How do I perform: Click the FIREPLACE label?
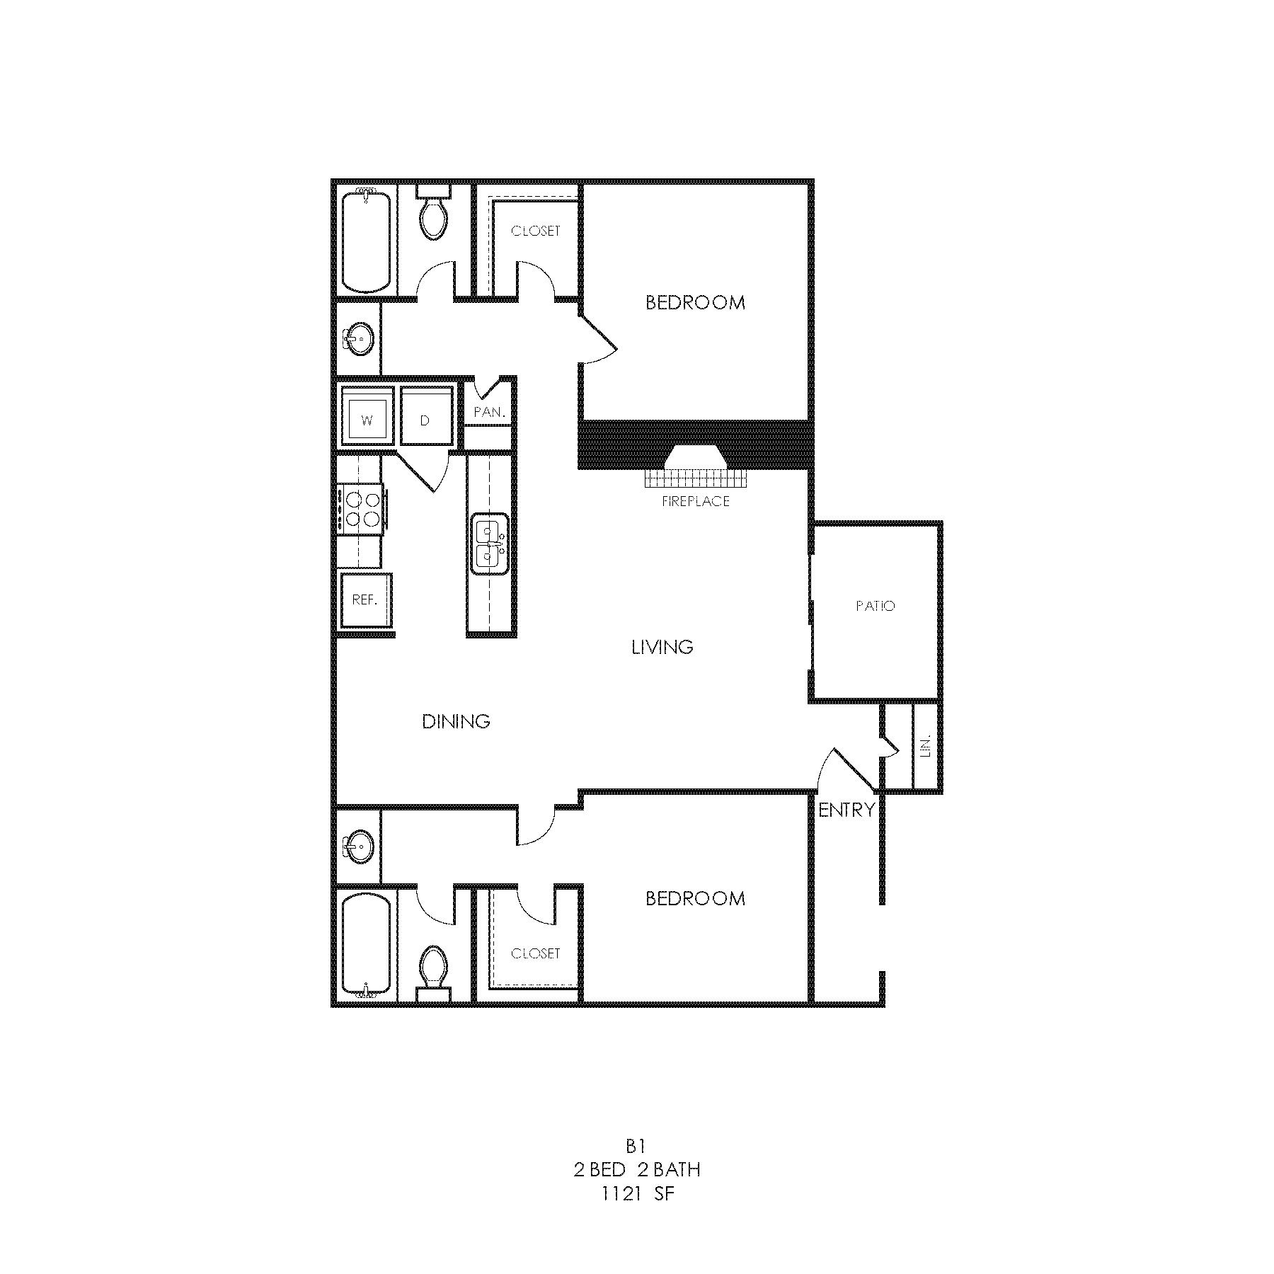pos(695,501)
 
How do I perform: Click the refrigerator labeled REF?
pos(365,600)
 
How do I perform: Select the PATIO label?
pos(876,606)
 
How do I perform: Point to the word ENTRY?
pos(847,810)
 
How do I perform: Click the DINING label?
pos(457,721)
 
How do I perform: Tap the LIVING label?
pos(662,646)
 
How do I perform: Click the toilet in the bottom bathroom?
pos(433,971)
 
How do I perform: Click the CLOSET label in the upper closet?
pos(536,231)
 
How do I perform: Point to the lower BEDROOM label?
pos(695,898)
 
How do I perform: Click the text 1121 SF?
pos(637,1195)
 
